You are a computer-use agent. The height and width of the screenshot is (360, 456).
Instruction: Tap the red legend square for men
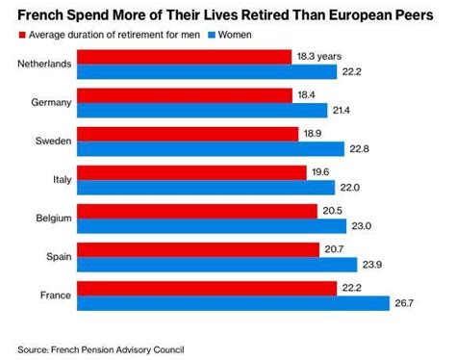21,36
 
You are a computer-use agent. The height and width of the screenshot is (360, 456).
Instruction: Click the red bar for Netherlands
183,57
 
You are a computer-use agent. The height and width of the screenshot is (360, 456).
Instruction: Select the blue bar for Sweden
210,148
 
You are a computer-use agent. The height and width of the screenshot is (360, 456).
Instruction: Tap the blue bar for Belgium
211,225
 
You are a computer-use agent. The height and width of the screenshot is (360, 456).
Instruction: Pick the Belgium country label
49,219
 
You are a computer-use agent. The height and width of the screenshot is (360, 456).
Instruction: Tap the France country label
52,296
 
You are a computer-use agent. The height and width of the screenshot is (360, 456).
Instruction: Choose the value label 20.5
332,212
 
